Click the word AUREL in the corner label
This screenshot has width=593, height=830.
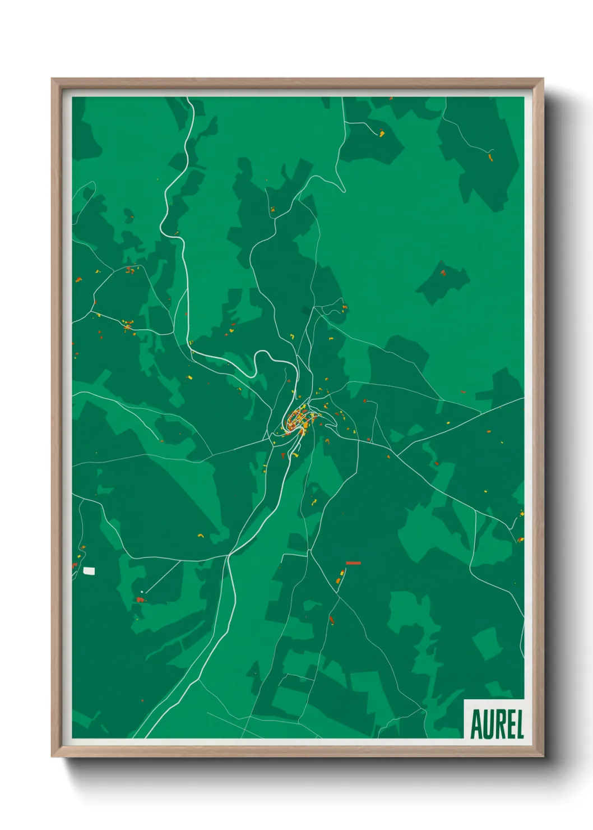pos(497,724)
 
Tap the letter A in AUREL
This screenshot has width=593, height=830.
pos(476,725)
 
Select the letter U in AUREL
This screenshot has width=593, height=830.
pos(488,725)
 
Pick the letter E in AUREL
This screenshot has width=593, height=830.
pos(509,725)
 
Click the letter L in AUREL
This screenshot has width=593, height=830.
pos(518,725)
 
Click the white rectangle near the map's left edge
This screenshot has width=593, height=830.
pos(89,571)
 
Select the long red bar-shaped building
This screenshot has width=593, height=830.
pos(353,563)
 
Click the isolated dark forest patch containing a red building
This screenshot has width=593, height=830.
pos(443,280)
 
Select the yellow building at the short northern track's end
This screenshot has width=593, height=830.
pos(382,133)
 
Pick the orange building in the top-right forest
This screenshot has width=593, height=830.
pos(490,158)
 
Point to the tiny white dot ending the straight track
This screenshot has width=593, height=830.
pos(142,591)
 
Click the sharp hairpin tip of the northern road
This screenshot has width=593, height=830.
pos(344,191)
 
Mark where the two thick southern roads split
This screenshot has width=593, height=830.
pos(229,555)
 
